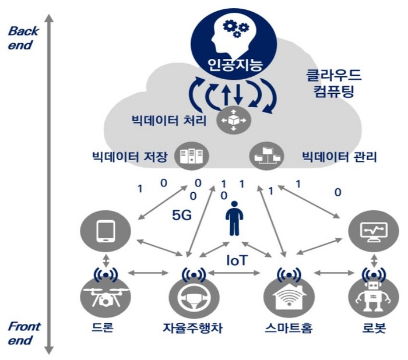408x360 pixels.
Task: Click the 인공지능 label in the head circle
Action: click(x=233, y=62)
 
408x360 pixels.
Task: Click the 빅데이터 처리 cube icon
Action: click(x=231, y=121)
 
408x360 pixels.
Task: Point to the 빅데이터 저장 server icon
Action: click(x=191, y=156)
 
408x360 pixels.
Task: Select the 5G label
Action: click(x=181, y=216)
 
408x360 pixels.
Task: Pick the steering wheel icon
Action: click(x=191, y=298)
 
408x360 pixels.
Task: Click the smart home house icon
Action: click(x=286, y=298)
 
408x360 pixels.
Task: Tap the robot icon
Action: click(x=368, y=298)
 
